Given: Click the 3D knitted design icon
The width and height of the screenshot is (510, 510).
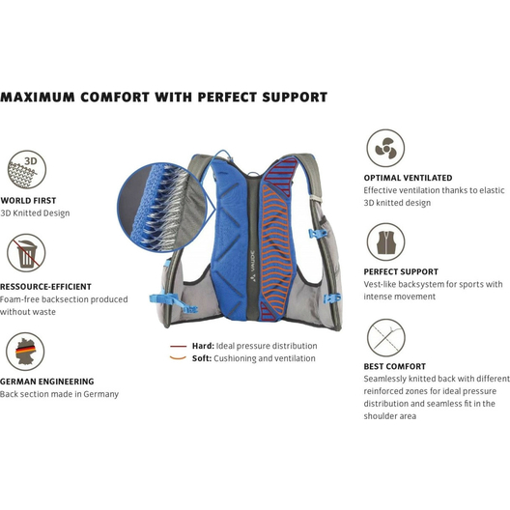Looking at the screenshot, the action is [x=27, y=169].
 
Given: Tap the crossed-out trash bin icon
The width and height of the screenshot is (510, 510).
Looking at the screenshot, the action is [x=26, y=253].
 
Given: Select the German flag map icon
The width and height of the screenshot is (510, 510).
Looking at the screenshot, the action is [x=25, y=352].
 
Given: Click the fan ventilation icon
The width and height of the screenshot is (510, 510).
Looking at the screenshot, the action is [x=385, y=149].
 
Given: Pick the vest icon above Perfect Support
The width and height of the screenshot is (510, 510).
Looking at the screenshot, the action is [x=385, y=242].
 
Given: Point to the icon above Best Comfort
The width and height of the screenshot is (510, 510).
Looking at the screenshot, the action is [x=386, y=338].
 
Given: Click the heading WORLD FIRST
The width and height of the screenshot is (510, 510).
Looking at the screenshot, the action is [x=28, y=201].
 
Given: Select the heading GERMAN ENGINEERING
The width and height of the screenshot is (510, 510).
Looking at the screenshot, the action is [x=46, y=382].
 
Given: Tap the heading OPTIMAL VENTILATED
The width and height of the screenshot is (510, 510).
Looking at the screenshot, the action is [x=408, y=178].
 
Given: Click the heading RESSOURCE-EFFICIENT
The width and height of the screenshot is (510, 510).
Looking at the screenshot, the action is [x=45, y=287].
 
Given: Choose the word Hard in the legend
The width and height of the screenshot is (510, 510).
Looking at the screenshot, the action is [x=203, y=346].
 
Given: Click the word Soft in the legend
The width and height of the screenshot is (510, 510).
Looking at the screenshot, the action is [x=202, y=358].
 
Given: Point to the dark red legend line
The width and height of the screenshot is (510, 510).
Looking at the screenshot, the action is [x=179, y=347].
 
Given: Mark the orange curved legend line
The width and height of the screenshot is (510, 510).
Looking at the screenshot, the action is [x=178, y=358].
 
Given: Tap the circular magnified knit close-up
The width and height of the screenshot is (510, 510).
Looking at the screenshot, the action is [x=162, y=208].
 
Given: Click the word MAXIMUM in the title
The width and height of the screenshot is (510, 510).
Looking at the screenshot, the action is [x=38, y=98].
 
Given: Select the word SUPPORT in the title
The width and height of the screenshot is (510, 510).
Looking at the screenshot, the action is [x=295, y=98].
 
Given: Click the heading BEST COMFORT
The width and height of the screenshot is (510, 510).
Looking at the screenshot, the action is [x=394, y=367].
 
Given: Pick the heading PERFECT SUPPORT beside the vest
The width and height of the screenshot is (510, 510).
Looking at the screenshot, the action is [x=401, y=272].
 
